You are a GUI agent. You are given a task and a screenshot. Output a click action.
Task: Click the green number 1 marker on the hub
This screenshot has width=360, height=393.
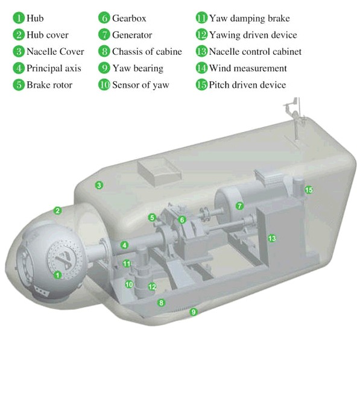(x=58, y=275)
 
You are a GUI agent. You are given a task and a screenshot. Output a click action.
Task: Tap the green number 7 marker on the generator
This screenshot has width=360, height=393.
(x=239, y=206)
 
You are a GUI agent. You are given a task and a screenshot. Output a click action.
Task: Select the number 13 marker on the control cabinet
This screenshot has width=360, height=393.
(x=272, y=238)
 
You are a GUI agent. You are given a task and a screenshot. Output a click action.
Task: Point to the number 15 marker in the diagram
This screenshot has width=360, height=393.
(x=309, y=190)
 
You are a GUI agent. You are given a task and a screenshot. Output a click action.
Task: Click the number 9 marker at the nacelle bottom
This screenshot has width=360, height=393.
(x=194, y=312)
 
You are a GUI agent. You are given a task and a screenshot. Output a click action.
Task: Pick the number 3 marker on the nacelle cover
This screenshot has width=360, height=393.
(x=99, y=185)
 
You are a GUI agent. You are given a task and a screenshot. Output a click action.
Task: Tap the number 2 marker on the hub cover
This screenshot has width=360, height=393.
(x=58, y=210)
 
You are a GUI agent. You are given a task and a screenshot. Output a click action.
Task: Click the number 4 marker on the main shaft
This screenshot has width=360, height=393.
(x=125, y=245)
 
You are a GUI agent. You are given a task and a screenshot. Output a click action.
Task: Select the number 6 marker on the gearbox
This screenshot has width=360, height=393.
(x=182, y=220)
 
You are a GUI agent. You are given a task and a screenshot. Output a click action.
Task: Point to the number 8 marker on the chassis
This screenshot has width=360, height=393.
(x=161, y=303)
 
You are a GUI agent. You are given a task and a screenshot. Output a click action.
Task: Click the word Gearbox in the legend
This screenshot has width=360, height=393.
(x=129, y=18)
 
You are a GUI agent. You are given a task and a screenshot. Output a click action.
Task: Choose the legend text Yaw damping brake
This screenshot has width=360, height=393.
(x=250, y=18)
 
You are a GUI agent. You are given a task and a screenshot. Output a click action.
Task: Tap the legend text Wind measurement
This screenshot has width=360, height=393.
(x=248, y=68)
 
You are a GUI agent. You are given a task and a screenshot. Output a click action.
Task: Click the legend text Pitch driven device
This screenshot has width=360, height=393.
(x=247, y=85)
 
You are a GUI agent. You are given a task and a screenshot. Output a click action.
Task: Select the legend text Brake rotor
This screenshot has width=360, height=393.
(x=49, y=85)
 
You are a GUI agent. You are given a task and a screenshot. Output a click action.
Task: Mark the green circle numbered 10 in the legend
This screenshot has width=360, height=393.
(x=104, y=85)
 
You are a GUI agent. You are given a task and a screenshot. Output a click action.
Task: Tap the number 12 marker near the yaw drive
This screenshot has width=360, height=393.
(x=152, y=286)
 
